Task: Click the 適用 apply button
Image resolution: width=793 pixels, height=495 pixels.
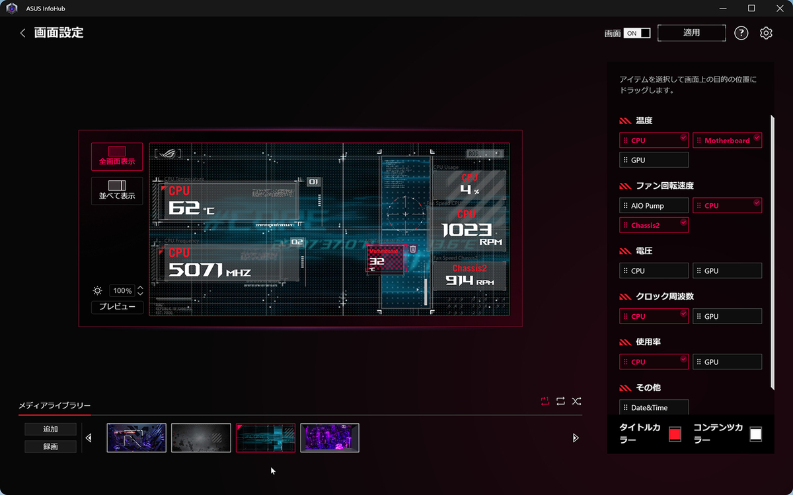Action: click(x=691, y=32)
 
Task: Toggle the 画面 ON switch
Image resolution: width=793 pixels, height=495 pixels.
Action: click(x=637, y=33)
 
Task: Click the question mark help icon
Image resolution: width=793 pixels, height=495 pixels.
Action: click(x=741, y=33)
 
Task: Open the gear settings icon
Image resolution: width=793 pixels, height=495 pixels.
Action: click(x=766, y=33)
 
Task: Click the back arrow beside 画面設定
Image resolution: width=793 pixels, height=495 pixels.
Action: click(x=22, y=33)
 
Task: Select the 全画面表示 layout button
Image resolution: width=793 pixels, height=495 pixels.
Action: click(x=117, y=156)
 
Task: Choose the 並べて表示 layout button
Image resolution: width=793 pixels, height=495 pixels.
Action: click(x=117, y=191)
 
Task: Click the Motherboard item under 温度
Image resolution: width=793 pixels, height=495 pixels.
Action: click(x=727, y=141)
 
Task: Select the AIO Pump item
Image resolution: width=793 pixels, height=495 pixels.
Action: click(x=654, y=206)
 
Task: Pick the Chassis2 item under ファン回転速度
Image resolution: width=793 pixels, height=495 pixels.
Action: click(x=654, y=225)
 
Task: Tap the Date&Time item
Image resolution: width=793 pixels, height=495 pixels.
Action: click(x=654, y=407)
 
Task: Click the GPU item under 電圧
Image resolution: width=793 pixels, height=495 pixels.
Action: click(x=727, y=271)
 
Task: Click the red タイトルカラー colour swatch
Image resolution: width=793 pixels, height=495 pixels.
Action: click(x=675, y=434)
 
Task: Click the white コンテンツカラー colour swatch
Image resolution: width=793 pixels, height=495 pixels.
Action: click(x=755, y=434)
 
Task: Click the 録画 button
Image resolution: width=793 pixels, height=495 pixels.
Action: click(x=50, y=447)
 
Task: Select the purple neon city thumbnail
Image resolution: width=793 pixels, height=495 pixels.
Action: click(x=330, y=438)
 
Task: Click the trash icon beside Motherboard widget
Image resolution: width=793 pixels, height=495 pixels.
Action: click(x=413, y=249)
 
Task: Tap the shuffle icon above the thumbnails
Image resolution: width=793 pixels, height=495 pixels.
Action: click(x=576, y=401)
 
